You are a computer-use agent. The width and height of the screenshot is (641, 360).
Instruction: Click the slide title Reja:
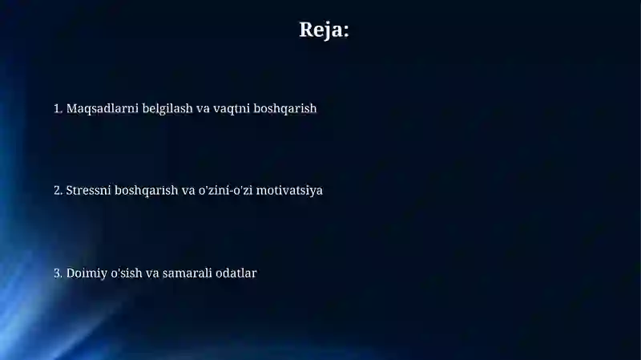(325, 30)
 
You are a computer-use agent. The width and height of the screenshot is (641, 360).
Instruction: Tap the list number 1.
(58, 108)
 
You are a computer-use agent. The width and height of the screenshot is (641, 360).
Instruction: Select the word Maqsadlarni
(103, 109)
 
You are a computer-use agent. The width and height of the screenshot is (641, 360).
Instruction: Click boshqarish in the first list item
(285, 109)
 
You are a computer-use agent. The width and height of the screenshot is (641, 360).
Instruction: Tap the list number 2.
(58, 190)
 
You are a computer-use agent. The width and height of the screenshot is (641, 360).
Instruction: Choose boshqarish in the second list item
(147, 191)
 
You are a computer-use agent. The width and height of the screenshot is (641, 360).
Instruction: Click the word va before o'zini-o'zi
(188, 192)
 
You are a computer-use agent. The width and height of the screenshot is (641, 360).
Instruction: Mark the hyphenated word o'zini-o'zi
(226, 190)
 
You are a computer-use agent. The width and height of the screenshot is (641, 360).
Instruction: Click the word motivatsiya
(289, 191)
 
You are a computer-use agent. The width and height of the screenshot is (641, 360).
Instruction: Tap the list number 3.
(58, 273)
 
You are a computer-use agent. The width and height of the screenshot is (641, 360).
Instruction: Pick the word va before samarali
(152, 274)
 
